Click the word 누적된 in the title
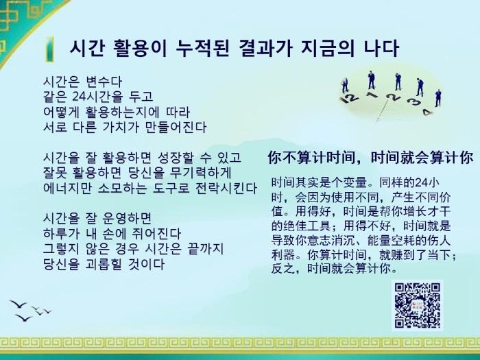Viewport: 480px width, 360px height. pos(203,49)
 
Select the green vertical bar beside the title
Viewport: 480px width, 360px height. pos(49,49)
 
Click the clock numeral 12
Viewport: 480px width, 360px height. pos(349,98)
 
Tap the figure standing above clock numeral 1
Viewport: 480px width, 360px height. pos(372,80)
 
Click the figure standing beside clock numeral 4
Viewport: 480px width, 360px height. pos(438,98)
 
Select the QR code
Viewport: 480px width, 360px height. pos(417,306)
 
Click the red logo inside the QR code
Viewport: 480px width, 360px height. pos(417,306)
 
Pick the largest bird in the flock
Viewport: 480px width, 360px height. pos(18,304)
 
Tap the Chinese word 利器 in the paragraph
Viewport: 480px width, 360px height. pos(283,254)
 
